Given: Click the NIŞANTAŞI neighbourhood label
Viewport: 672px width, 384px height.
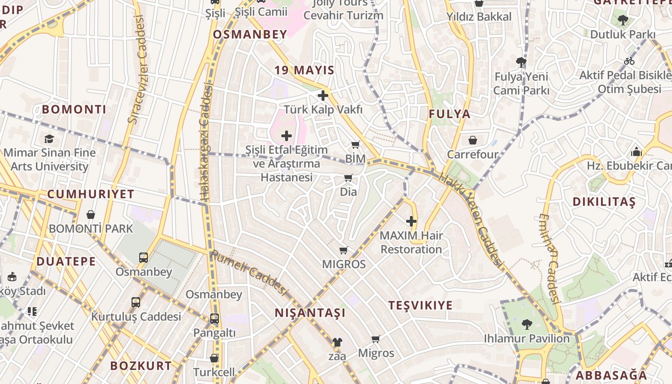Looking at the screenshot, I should tap(310, 313).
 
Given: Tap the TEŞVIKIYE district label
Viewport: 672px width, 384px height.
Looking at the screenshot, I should tap(420, 306).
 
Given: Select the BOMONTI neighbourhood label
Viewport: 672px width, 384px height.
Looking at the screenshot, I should tap(74, 109).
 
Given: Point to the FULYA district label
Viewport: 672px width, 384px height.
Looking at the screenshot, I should tap(450, 114).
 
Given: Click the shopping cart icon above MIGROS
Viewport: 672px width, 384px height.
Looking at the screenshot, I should tap(344, 250).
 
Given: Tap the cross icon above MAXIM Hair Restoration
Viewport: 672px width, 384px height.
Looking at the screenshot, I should tap(411, 221).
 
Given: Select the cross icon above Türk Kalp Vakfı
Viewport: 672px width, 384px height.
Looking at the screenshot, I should tap(323, 96).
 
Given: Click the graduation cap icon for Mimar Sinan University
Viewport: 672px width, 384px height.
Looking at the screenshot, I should tap(49, 139).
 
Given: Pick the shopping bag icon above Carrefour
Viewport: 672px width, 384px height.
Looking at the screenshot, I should tap(473, 140).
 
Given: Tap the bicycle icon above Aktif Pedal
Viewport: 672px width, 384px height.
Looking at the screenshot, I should tap(629, 61).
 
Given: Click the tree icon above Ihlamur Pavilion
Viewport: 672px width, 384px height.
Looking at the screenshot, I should tap(527, 324).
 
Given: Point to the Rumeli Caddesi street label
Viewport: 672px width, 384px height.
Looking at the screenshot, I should tap(249, 273).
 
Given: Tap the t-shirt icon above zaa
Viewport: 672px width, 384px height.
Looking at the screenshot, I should tap(337, 342).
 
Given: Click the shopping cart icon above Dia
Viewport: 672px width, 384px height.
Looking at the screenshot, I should tap(348, 178).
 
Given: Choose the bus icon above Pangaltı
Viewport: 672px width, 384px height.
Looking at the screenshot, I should tap(215, 318).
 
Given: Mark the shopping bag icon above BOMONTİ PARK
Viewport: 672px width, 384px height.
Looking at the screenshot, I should tap(91, 215).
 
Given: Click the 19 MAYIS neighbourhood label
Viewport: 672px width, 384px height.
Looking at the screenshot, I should tap(304, 70).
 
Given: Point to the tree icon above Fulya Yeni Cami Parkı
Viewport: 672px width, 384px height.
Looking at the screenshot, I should tap(521, 62).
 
